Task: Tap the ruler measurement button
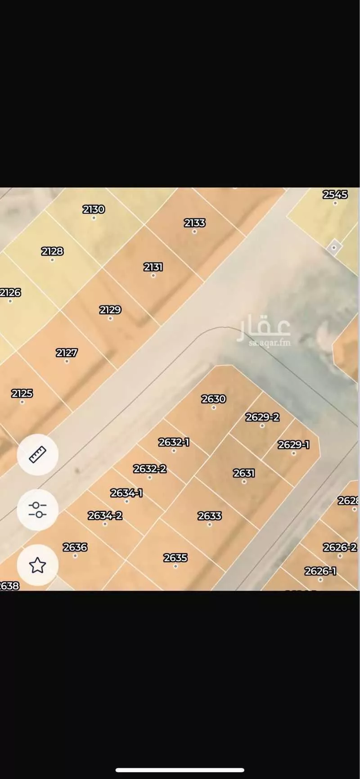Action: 38,455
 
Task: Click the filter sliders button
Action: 38,510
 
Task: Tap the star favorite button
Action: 38,565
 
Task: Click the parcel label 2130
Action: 94,210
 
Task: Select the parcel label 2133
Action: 195,223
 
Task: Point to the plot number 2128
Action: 52,251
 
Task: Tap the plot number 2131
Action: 153,267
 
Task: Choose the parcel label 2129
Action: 110,310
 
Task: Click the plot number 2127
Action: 67,353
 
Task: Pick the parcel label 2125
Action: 22,394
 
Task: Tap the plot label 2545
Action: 335,195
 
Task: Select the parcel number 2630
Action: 214,399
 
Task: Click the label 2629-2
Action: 262,417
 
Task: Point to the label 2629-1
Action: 293,445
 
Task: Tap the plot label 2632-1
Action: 174,443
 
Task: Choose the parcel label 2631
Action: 244,473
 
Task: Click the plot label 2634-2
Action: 105,515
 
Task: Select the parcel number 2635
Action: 175,558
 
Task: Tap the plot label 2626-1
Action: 320,571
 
